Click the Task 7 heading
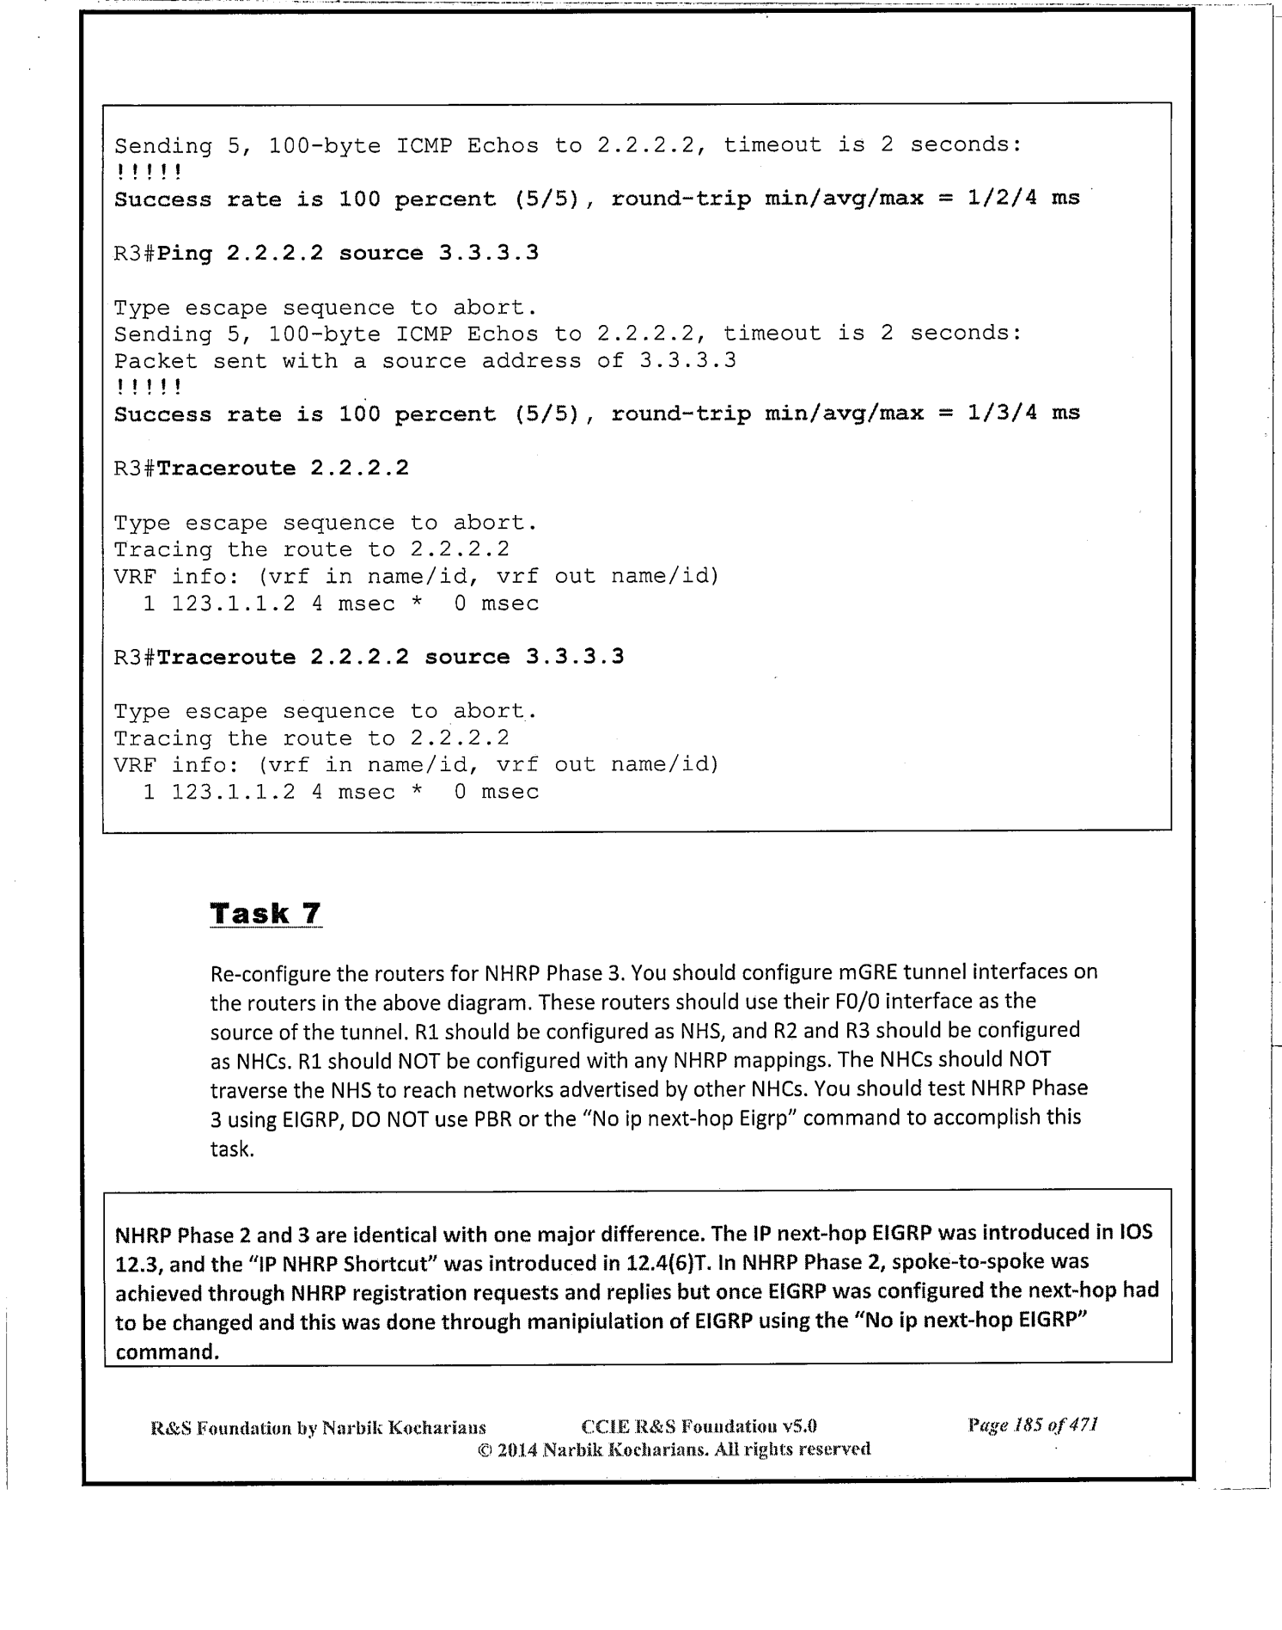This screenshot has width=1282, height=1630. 266,913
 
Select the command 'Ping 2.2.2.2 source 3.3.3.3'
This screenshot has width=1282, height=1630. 348,254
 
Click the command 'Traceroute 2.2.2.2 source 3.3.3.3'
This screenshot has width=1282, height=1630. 390,658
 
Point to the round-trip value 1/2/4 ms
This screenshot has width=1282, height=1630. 1023,199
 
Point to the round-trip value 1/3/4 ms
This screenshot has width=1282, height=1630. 1023,414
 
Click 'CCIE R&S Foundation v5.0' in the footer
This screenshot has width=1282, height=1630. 699,1427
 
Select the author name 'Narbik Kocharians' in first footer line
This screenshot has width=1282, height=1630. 403,1428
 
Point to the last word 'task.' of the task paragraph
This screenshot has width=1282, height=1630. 232,1149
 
